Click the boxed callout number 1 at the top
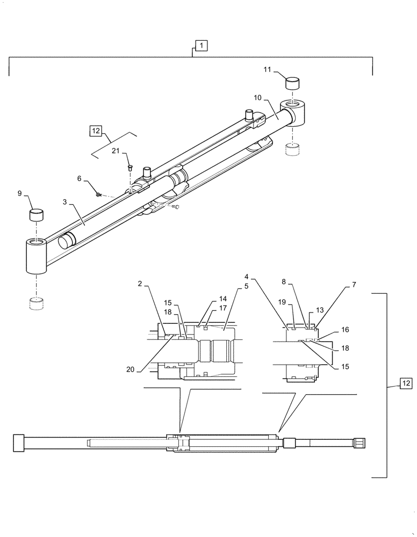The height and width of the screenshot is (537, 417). [x=199, y=46]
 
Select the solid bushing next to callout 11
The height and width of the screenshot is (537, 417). [x=292, y=83]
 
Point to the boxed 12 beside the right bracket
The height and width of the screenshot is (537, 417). [x=405, y=383]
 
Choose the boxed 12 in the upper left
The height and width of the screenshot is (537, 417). [x=95, y=130]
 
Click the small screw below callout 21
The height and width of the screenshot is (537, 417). [x=130, y=168]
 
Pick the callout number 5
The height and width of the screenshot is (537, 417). [x=246, y=286]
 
